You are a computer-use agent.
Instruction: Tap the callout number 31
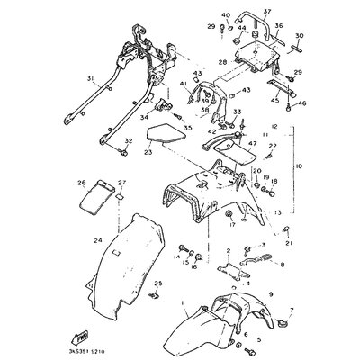(x=90, y=78)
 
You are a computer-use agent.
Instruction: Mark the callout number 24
(x=97, y=240)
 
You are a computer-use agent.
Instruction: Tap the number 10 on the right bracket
(x=300, y=166)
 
